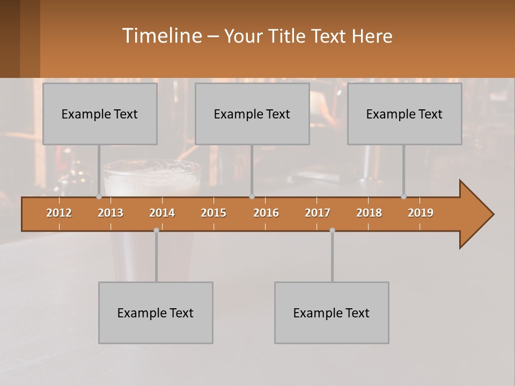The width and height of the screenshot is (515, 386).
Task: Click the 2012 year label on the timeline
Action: [x=59, y=213]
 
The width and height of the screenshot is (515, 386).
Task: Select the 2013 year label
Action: [x=111, y=213]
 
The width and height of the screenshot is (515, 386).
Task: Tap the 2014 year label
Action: [x=162, y=213]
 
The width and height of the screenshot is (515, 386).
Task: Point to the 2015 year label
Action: [x=214, y=213]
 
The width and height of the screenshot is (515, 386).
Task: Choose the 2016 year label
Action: [x=266, y=213]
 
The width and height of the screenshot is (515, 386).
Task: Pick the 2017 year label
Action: [x=318, y=213]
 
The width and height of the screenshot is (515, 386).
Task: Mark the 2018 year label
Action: [x=369, y=213]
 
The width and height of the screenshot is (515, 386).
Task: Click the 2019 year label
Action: [x=421, y=213]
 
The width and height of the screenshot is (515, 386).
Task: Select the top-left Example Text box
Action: [x=100, y=114]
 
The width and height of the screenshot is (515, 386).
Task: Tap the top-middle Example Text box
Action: [x=252, y=114]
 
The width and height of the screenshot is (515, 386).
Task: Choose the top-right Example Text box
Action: [x=404, y=114]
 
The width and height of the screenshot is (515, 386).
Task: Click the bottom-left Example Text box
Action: [x=156, y=313]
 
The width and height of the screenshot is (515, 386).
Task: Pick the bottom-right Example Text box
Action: [x=332, y=313]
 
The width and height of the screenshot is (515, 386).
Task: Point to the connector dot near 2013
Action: [x=99, y=197]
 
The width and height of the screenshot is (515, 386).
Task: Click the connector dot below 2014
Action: [x=156, y=230]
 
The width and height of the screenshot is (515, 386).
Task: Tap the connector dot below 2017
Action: [x=332, y=230]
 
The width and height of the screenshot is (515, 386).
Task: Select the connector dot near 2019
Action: [x=403, y=197]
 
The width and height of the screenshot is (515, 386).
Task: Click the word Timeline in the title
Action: [x=161, y=35]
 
